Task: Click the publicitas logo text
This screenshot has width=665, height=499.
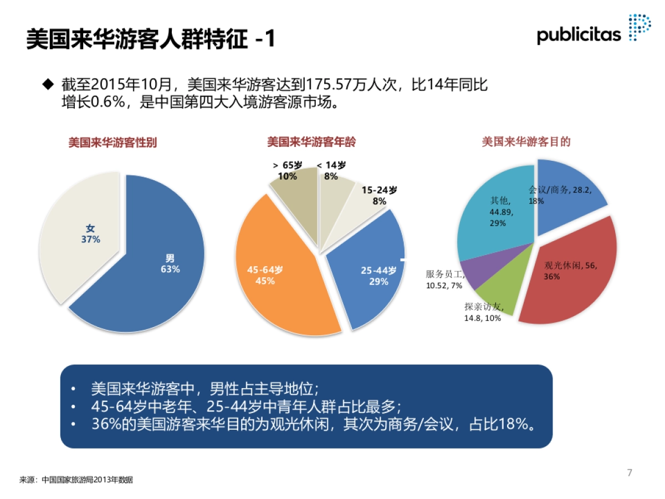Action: tap(579, 34)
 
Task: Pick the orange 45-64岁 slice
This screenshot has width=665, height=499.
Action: tap(277, 283)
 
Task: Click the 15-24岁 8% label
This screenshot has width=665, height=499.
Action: tap(380, 195)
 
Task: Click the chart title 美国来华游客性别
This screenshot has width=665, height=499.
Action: tap(112, 142)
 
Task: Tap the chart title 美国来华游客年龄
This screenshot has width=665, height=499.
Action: tap(311, 142)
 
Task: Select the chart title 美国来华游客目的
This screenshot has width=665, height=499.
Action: tap(526, 142)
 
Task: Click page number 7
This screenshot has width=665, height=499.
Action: tap(629, 472)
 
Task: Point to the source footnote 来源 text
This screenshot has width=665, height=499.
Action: tap(76, 480)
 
